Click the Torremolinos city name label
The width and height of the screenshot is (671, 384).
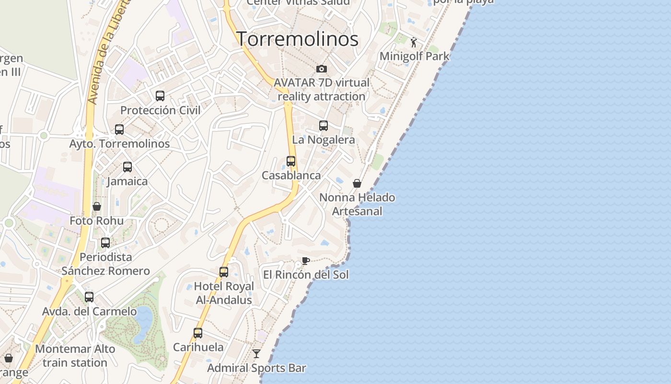pos(298,39)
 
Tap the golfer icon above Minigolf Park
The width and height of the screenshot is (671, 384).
pos(414,42)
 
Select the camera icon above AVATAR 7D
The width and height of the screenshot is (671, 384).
pos(322,69)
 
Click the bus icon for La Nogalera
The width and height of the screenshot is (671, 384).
pos(324,126)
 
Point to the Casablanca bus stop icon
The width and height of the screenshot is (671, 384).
pos(291,161)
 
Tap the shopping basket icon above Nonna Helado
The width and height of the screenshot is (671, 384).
pos(357,183)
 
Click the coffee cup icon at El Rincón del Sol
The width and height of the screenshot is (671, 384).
pos(305,261)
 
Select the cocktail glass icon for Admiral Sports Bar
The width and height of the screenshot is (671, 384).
pos(256,354)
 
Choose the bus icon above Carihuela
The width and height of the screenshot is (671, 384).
pos(198,333)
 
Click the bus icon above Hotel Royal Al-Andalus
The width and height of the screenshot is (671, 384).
pos(224,272)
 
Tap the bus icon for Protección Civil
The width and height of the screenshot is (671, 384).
pos(160,96)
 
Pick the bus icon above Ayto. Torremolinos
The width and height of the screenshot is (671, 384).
pos(119,130)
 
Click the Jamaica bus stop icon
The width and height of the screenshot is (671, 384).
pos(127,167)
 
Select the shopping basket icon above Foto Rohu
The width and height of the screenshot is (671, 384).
pos(97,206)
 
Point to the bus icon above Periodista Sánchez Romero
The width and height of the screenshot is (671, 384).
pos(105,243)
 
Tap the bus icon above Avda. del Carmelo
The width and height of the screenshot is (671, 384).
pos(89,297)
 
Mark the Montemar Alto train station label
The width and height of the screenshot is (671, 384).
pos(75,356)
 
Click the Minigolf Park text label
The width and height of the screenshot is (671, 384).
pos(415,56)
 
